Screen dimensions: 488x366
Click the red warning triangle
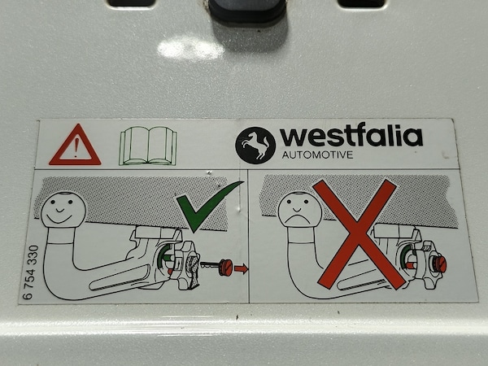pos(75,146)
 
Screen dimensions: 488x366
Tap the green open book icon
pos(148,146)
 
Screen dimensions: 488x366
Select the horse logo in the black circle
pos(255,145)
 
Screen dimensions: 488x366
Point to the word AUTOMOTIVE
pos(317,155)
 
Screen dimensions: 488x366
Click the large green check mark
pos(209,206)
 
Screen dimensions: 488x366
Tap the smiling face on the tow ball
pos(63,209)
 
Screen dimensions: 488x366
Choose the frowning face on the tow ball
pos(298,209)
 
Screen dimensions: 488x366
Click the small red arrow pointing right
pos(242,268)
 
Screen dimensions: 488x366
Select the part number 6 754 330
pos(32,272)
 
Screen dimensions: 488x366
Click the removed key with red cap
pos(217,267)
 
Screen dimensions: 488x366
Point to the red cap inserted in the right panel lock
pos(439,265)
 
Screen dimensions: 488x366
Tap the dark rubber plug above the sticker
pos(246,11)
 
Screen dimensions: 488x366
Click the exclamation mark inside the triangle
pos(76,148)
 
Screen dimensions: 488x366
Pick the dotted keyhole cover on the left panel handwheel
pos(193,268)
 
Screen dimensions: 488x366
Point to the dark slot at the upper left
pos(131,3)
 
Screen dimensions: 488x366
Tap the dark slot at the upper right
pos(361,3)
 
